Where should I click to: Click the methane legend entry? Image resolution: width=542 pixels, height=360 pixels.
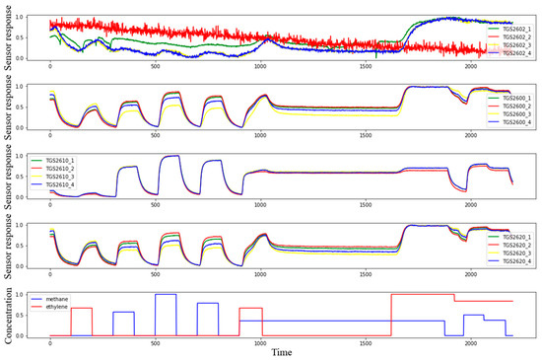tap(69, 297)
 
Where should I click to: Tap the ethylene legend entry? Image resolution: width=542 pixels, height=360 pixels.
tap(69, 306)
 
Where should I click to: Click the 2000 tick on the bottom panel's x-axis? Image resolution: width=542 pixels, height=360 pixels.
tap(472, 341)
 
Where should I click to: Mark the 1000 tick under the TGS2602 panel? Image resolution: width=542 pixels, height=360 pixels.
tap(259, 66)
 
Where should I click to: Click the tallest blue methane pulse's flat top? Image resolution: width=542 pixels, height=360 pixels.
tap(166, 294)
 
